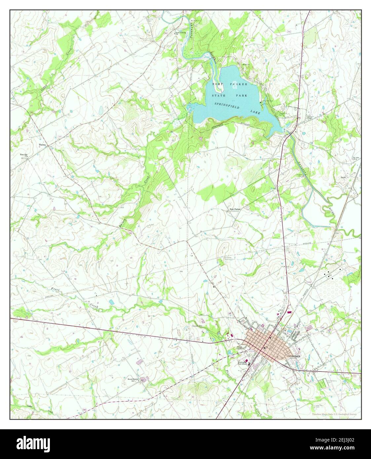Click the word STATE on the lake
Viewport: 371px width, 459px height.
(x=219, y=95)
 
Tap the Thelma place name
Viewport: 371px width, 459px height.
(x=42, y=145)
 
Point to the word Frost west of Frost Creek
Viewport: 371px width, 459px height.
(x=56, y=290)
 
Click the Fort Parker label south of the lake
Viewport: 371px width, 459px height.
(x=236, y=209)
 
